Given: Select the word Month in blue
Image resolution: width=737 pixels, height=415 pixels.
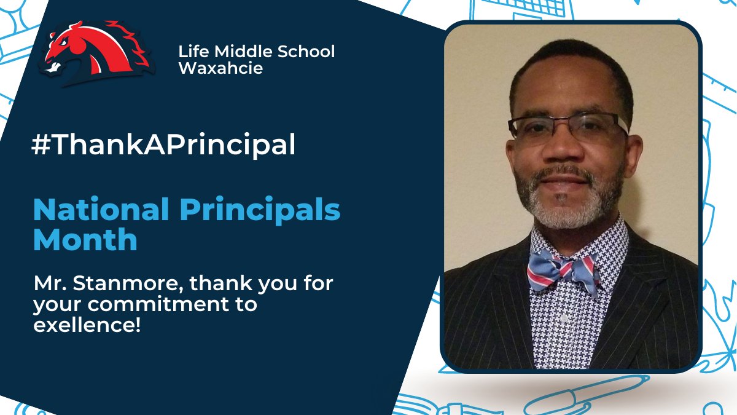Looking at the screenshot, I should pos(85,239).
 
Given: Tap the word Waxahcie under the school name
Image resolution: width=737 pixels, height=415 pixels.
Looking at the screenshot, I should pos(220,68).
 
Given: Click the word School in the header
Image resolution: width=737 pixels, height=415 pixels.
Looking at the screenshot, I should pos(305,52).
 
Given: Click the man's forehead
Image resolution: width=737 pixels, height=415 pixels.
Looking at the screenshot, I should pos(568,86).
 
